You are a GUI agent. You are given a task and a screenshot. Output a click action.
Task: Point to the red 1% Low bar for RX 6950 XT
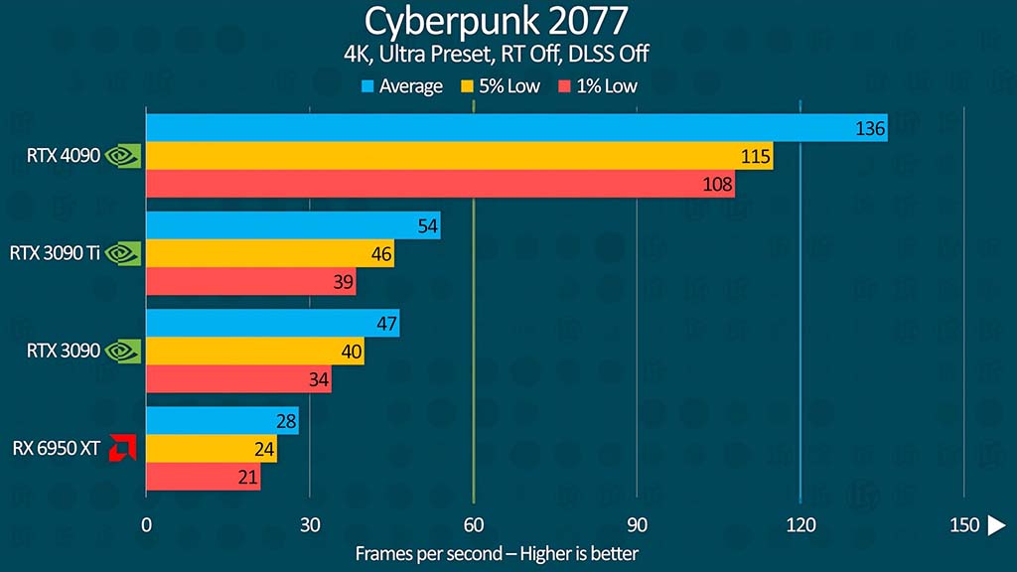point(203,477)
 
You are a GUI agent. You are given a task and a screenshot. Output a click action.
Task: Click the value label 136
point(870,128)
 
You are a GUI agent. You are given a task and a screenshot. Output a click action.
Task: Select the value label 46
point(381,254)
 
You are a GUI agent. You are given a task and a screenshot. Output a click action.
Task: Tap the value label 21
point(248,478)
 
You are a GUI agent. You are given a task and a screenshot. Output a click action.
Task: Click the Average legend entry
point(401,86)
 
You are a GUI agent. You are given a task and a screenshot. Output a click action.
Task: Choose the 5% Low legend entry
point(501,86)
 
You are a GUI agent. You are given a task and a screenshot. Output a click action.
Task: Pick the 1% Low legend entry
point(599,86)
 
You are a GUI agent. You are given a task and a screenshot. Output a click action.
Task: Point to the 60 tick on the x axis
point(474,524)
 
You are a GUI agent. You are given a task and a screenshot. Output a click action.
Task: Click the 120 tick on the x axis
point(800,524)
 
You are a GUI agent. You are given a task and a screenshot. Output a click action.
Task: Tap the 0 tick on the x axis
point(147,524)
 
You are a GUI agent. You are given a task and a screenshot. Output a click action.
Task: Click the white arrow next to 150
point(995,524)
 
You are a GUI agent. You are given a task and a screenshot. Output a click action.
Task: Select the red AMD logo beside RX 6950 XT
point(123,448)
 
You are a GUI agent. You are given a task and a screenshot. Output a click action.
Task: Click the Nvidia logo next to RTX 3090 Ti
point(123,253)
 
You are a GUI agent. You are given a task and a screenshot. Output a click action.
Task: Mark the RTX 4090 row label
point(64,156)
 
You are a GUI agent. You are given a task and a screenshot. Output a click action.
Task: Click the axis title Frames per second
point(497,553)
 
